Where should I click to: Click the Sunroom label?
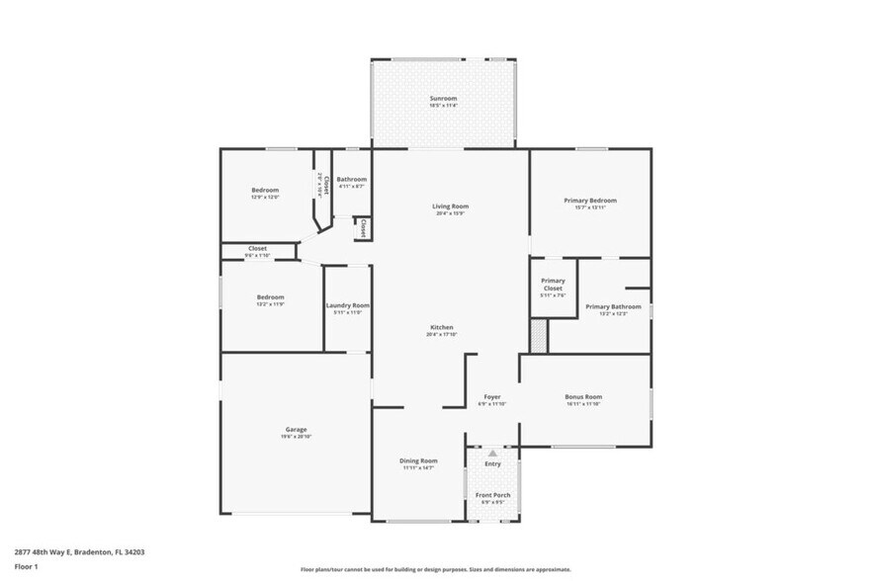443,99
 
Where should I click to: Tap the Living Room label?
450,207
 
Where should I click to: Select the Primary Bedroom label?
590,201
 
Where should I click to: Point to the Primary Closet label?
553,285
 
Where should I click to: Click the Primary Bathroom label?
613,307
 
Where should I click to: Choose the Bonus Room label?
583,397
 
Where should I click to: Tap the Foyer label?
491,397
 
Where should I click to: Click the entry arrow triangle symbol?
492,453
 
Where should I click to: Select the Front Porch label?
492,494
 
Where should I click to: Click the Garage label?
296,430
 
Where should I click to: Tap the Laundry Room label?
347,305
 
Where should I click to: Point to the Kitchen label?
441,328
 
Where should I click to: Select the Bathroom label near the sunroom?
351,180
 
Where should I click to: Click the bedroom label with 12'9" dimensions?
265,190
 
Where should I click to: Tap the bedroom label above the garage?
271,297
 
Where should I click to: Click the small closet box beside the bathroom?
363,228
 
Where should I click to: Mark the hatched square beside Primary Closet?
539,335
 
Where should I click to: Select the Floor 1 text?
26,567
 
